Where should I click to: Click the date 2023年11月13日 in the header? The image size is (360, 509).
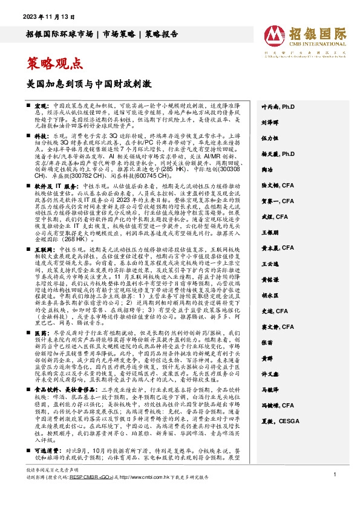(46, 17)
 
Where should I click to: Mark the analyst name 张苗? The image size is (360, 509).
(267, 358)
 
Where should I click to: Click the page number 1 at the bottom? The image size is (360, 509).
(334, 493)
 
